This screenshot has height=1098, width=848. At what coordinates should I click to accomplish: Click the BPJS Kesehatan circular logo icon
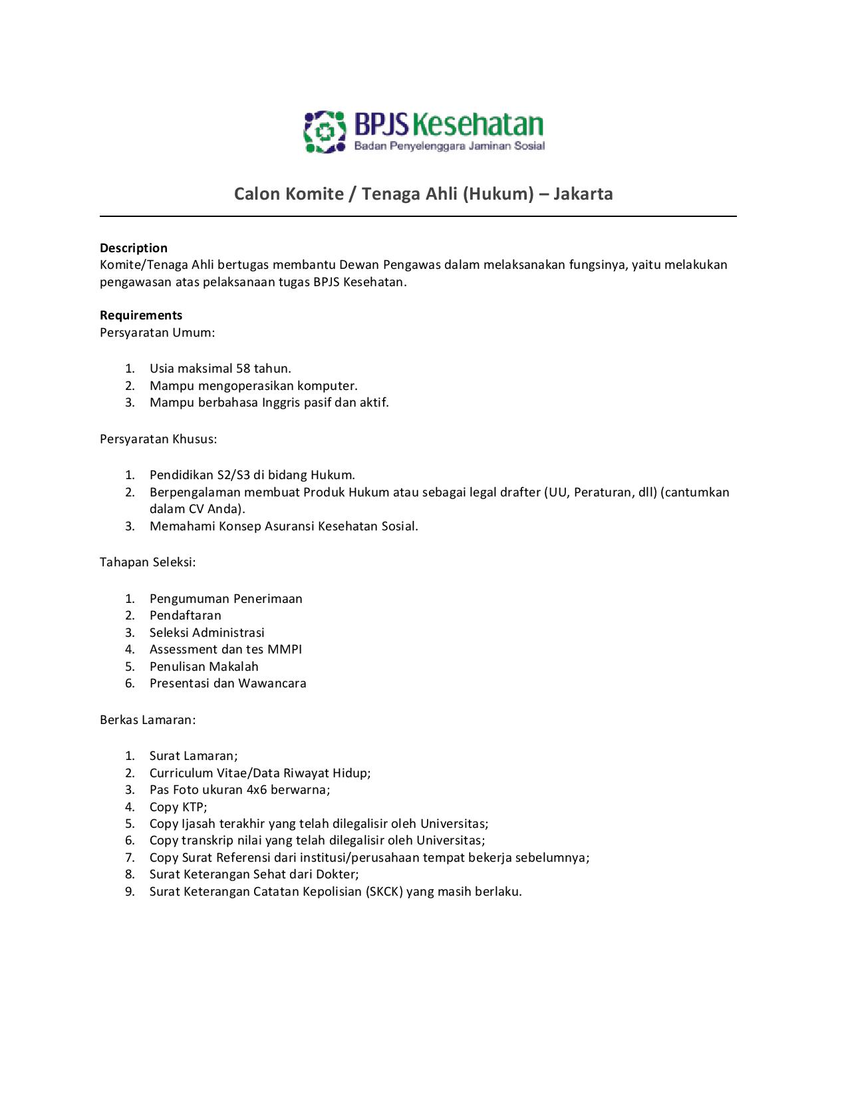[x=325, y=132]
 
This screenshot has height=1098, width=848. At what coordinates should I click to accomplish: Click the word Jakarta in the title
[x=583, y=194]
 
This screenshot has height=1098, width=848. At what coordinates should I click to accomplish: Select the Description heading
[x=134, y=248]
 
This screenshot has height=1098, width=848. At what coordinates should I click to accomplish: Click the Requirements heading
[x=141, y=315]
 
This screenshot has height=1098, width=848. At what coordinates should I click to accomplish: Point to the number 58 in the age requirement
[x=243, y=369]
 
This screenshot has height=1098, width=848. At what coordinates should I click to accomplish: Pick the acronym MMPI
[x=285, y=649]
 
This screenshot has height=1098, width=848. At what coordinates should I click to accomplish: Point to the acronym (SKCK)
[x=384, y=892]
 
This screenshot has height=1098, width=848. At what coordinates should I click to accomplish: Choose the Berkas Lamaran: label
[x=148, y=720]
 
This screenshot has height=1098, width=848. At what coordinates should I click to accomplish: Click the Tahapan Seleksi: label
[x=148, y=562]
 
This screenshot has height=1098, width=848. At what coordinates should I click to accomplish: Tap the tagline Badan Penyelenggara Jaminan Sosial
[x=449, y=146]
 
